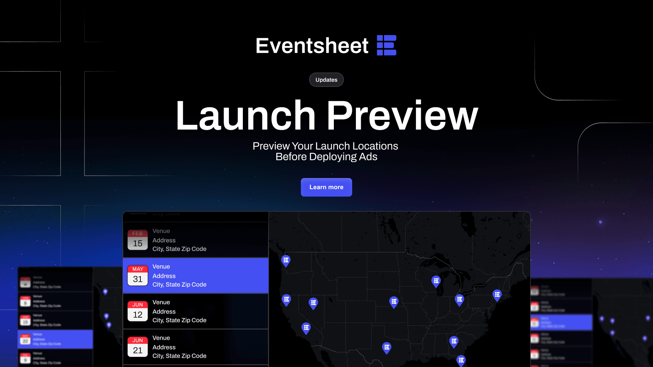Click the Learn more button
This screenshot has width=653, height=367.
click(x=326, y=187)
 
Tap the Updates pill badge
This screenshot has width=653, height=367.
click(x=326, y=80)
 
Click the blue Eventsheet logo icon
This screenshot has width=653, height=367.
click(x=386, y=45)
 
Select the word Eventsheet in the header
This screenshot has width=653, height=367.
click(x=312, y=46)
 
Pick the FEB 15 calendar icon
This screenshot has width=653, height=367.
click(x=138, y=240)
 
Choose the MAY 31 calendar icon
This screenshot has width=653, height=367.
click(x=138, y=276)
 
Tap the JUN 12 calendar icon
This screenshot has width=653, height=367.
click(x=138, y=311)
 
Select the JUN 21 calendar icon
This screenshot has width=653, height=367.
click(x=138, y=347)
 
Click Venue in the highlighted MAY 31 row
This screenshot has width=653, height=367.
click(x=161, y=267)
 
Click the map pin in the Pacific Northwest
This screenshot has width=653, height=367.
click(x=286, y=260)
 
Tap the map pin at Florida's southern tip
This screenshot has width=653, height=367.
click(x=461, y=360)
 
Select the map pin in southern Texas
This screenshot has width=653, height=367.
click(x=386, y=347)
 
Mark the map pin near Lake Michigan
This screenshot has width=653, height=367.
click(x=436, y=281)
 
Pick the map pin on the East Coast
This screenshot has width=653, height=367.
click(x=497, y=294)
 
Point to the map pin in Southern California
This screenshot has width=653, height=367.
click(x=306, y=328)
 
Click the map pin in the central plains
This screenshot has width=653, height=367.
click(x=394, y=302)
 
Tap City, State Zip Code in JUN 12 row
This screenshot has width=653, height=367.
click(x=180, y=321)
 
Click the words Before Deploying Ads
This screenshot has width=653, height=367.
click(x=326, y=157)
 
